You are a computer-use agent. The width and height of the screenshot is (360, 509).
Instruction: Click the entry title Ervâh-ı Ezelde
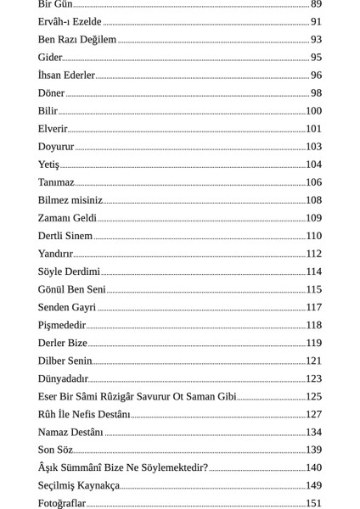(70, 22)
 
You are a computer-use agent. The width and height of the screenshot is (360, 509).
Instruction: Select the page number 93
(316, 40)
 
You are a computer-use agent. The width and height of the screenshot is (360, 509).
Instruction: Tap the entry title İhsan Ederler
(66, 76)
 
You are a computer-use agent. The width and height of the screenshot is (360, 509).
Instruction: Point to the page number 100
(313, 111)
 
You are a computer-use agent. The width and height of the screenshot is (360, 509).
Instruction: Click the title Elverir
(53, 129)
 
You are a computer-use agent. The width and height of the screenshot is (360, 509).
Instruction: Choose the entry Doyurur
(56, 147)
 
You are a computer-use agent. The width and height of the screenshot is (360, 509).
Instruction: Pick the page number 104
(313, 165)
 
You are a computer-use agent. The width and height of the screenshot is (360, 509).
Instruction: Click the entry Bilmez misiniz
(70, 200)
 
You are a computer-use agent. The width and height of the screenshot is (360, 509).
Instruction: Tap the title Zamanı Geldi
(67, 218)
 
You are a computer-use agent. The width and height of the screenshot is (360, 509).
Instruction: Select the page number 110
(313, 236)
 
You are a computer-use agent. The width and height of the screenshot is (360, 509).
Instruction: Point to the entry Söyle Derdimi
(69, 271)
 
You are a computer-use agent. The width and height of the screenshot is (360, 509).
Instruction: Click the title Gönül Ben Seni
(72, 289)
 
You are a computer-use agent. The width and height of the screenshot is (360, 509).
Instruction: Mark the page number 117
(313, 307)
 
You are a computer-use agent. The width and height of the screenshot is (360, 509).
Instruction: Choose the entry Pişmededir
(62, 325)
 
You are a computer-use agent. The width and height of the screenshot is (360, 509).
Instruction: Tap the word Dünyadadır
(63, 378)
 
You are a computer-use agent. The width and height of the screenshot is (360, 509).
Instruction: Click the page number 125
(313, 396)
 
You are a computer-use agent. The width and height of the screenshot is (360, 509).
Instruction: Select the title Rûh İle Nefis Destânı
(84, 414)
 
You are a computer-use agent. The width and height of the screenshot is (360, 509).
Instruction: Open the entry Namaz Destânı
(70, 432)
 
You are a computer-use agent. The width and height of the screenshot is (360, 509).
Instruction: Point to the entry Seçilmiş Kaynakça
(78, 485)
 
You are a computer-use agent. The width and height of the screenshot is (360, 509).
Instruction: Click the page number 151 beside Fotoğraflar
(313, 503)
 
